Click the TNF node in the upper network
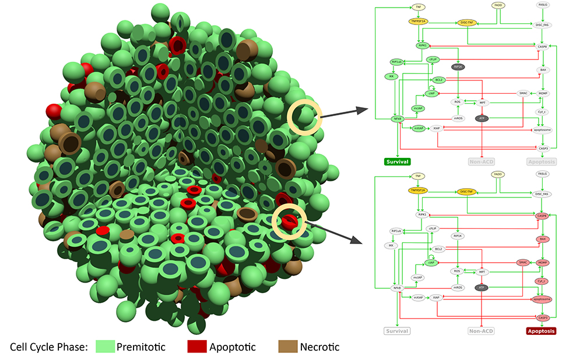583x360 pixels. [417, 7]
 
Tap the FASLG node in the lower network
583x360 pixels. [543, 174]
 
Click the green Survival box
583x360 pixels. [396, 161]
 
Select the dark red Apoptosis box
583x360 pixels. [540, 331]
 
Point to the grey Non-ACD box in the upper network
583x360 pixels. [483, 161]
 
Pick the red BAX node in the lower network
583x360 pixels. [543, 239]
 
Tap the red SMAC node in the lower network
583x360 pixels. [523, 263]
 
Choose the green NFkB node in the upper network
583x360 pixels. [397, 118]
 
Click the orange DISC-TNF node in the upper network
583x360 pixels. [467, 23]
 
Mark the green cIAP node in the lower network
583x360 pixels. [432, 263]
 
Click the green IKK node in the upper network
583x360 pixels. [390, 76]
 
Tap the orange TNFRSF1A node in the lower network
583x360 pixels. [418, 190]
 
